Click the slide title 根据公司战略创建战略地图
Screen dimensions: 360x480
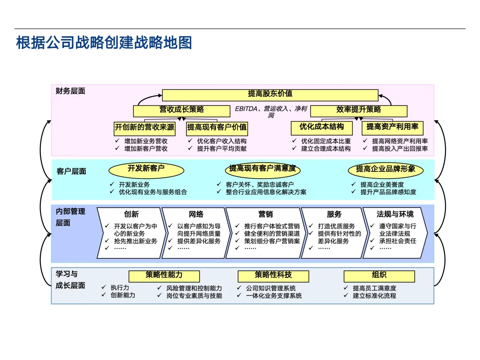(x=104, y=44)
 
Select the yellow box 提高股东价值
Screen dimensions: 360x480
(x=270, y=95)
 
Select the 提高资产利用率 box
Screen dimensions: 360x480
(x=392, y=128)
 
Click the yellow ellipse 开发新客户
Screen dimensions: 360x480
(x=146, y=169)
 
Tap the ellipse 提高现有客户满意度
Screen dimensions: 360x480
(x=262, y=169)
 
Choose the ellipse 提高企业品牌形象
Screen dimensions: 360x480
(x=385, y=170)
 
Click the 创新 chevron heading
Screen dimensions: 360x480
(x=131, y=215)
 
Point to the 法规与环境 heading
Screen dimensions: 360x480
(x=395, y=215)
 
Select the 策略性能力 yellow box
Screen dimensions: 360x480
(x=164, y=276)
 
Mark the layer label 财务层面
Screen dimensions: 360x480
(x=70, y=92)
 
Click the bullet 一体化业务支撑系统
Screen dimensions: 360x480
(x=274, y=296)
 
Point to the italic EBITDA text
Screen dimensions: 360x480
(x=247, y=108)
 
